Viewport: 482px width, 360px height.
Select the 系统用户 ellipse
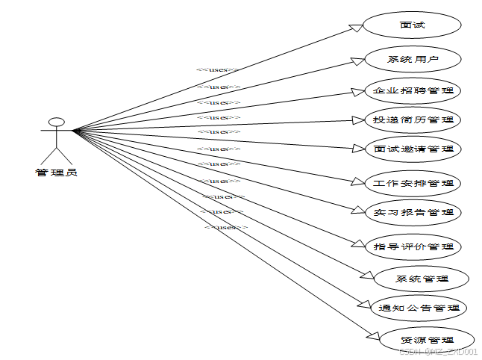(x=413, y=59)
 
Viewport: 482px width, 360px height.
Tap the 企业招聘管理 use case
(x=413, y=91)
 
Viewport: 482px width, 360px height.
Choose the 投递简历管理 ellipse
(x=413, y=119)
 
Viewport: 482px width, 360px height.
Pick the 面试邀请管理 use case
(x=413, y=149)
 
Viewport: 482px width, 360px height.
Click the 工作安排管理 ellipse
(x=413, y=182)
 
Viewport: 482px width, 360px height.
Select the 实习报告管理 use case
(x=413, y=212)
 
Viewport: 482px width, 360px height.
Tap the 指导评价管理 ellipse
(x=413, y=246)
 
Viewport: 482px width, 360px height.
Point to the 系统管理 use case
(x=422, y=279)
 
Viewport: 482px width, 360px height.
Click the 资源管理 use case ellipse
(x=426, y=340)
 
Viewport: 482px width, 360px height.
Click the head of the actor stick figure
(x=54, y=121)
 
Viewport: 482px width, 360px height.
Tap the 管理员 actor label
(x=56, y=173)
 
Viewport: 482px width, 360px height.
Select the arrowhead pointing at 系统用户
(x=358, y=60)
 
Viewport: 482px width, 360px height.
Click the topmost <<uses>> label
(x=218, y=70)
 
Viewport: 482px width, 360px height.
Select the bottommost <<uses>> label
(x=226, y=226)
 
